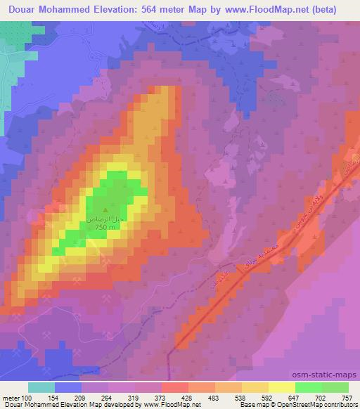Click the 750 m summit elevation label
[105, 227]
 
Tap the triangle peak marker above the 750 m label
[106, 209]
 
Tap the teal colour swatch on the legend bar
[42, 387]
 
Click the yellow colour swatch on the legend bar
[281, 387]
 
